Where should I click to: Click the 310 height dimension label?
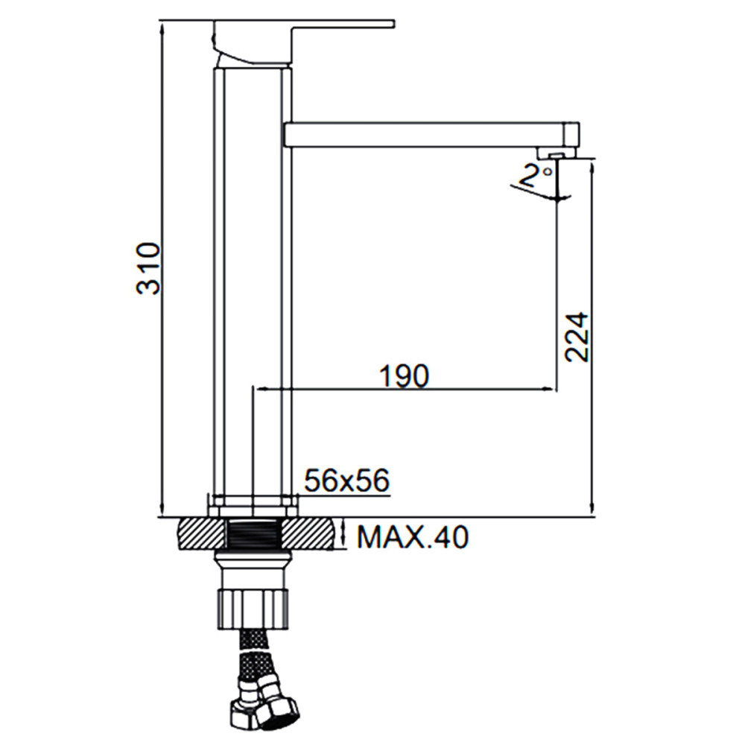tap(148, 268)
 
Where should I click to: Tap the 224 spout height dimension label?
tap(577, 337)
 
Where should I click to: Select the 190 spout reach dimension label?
tap(404, 375)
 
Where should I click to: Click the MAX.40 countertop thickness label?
tap(413, 537)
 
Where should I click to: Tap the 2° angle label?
tap(536, 175)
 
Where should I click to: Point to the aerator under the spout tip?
tap(557, 153)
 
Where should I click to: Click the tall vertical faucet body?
tap(252, 285)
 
